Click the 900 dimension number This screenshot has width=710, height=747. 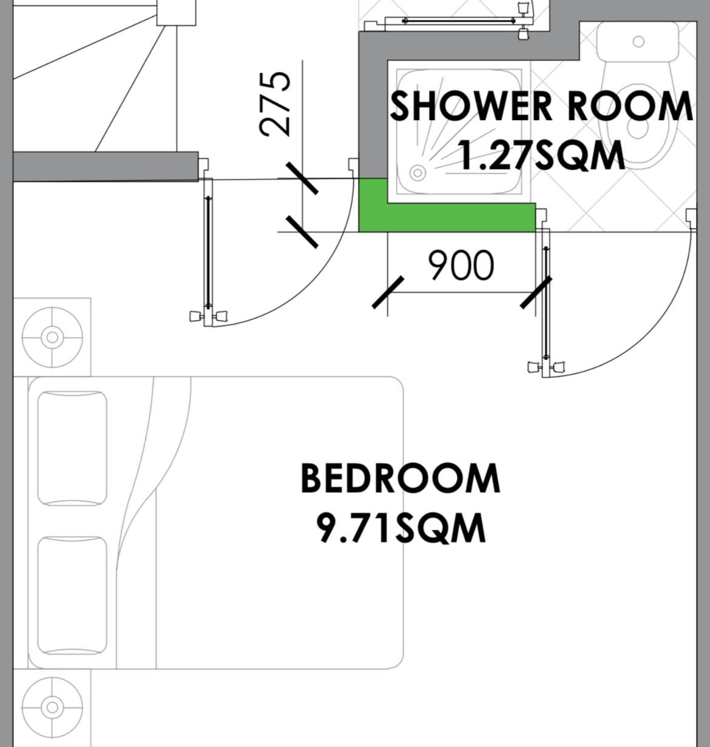(461, 265)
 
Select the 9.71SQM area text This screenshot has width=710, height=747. (402, 529)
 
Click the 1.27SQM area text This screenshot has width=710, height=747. (541, 155)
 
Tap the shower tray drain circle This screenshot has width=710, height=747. (418, 173)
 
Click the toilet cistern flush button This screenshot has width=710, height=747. (639, 41)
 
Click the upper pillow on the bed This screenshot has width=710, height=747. (72, 448)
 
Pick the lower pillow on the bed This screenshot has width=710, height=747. (72, 595)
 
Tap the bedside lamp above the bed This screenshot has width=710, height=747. (52, 337)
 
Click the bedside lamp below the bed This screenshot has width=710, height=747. (52, 708)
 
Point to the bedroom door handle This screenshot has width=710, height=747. (209, 316)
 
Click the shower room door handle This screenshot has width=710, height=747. (547, 367)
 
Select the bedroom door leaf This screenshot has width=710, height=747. (208, 252)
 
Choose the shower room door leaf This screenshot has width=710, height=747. (546, 304)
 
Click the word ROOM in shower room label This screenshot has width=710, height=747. (629, 107)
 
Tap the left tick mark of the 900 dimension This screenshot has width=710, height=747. (388, 292)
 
